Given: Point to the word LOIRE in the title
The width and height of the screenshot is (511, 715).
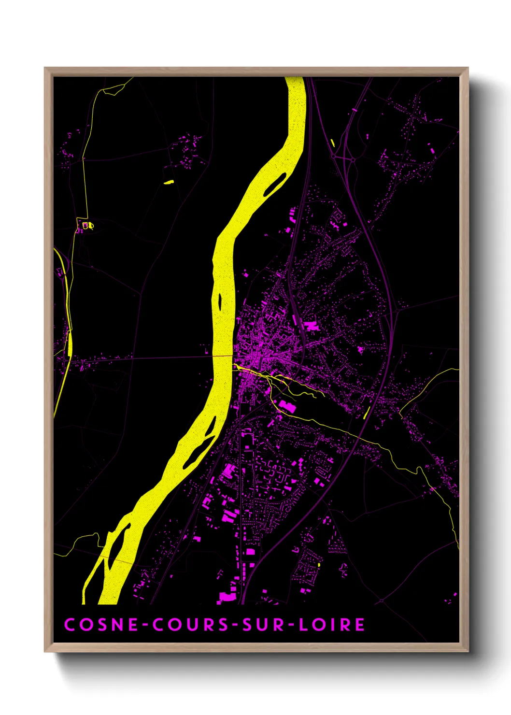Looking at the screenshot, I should (332, 624).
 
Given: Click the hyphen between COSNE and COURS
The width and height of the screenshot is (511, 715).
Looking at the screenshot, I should (146, 625).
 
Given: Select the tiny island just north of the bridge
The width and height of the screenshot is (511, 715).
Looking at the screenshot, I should (220, 302).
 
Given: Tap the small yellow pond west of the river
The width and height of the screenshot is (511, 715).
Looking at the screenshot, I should (169, 182).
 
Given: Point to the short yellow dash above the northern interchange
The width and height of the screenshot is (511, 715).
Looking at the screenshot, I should (333, 143).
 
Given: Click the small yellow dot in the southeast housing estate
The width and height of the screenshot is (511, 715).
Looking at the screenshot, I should (319, 564).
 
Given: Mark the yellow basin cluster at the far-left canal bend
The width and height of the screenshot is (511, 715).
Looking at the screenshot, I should (87, 225).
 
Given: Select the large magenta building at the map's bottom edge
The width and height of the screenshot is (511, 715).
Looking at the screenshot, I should (227, 597).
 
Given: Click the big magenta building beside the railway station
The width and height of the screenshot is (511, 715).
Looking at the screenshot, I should (312, 326).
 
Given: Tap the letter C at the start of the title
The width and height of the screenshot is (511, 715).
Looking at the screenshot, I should (70, 624).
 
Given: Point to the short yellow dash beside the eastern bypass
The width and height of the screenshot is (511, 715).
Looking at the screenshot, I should (367, 412).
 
